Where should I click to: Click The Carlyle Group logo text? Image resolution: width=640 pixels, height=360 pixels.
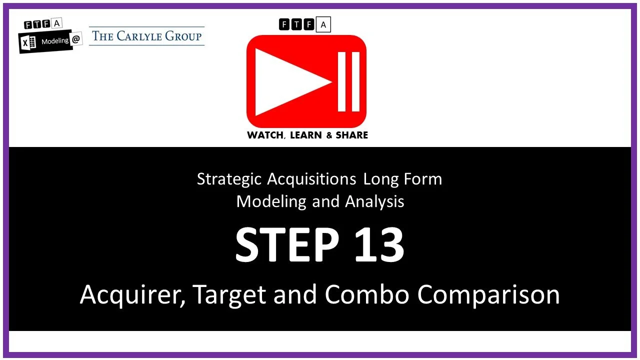click(x=146, y=36)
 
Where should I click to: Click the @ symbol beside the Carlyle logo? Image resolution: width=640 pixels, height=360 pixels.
click(x=76, y=41)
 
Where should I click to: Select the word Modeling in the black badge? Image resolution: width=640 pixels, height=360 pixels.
click(x=55, y=41)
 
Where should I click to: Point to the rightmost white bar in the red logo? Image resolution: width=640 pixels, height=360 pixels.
click(x=356, y=81)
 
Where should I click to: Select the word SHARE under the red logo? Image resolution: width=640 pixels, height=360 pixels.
click(x=351, y=135)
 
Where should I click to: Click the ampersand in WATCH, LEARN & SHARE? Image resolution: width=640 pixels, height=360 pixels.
click(x=329, y=135)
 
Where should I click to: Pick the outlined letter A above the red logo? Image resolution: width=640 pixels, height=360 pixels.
click(x=323, y=24)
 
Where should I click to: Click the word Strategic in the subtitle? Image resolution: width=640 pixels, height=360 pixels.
click(x=229, y=179)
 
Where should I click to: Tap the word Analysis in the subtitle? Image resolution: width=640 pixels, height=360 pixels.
click(x=374, y=201)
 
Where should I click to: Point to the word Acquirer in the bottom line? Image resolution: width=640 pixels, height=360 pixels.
click(x=132, y=295)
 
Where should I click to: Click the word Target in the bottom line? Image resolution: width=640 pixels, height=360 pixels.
click(x=229, y=295)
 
